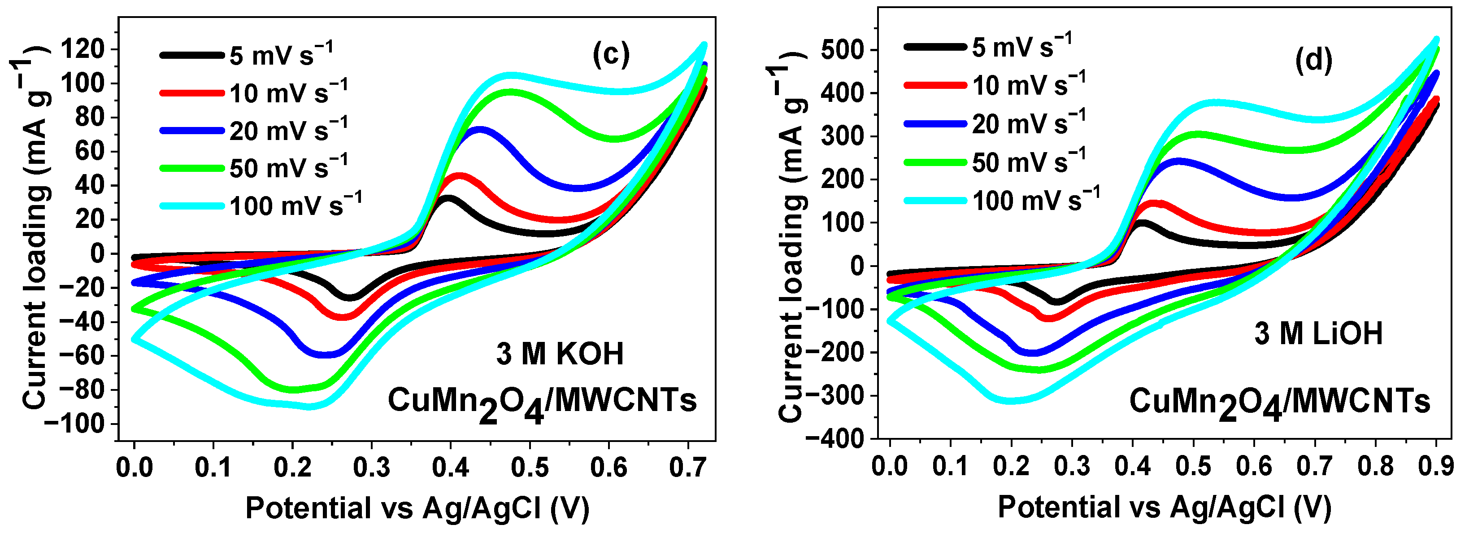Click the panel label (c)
[x=611, y=55]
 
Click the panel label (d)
[x=1314, y=60]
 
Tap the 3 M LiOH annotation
[x=1318, y=333]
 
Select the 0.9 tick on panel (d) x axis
[x=1436, y=466]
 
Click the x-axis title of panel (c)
[x=417, y=508]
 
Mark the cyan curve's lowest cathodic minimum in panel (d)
[x=1012, y=401]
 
